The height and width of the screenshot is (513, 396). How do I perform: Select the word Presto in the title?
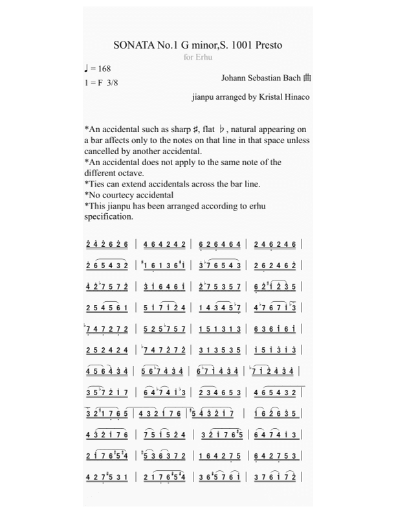[x=268, y=45]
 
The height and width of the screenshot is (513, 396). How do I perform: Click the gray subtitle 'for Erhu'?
[x=198, y=57]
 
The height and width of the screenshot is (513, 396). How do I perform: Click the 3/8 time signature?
[x=113, y=82]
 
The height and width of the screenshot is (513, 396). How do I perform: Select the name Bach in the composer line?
[x=290, y=78]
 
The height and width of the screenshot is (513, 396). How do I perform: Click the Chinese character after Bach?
[x=307, y=78]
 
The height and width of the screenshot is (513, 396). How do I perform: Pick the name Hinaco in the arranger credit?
[x=295, y=97]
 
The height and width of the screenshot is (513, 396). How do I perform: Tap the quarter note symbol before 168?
[x=87, y=68]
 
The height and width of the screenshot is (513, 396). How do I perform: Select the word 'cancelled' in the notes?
[x=103, y=152]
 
